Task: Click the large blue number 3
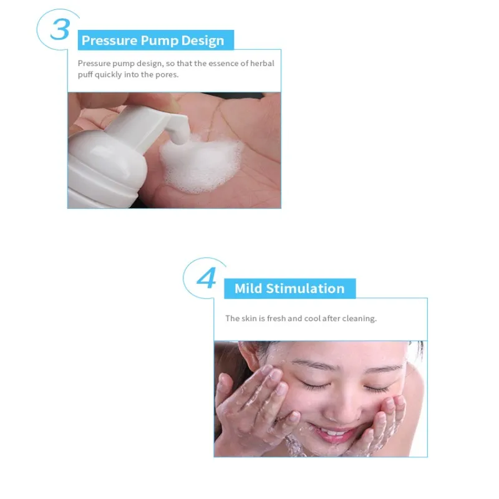[x=60, y=29]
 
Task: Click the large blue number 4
[x=206, y=278]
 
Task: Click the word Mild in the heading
[x=248, y=288]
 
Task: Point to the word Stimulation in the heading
[x=305, y=288]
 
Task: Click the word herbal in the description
[x=262, y=64]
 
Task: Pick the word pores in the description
[x=167, y=75]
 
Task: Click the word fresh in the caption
[x=276, y=318]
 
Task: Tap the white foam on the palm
[x=201, y=165]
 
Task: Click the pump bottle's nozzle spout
[x=179, y=131]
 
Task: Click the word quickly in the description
[x=108, y=75]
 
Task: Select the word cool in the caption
[x=312, y=318]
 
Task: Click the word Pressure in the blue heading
[x=109, y=41]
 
